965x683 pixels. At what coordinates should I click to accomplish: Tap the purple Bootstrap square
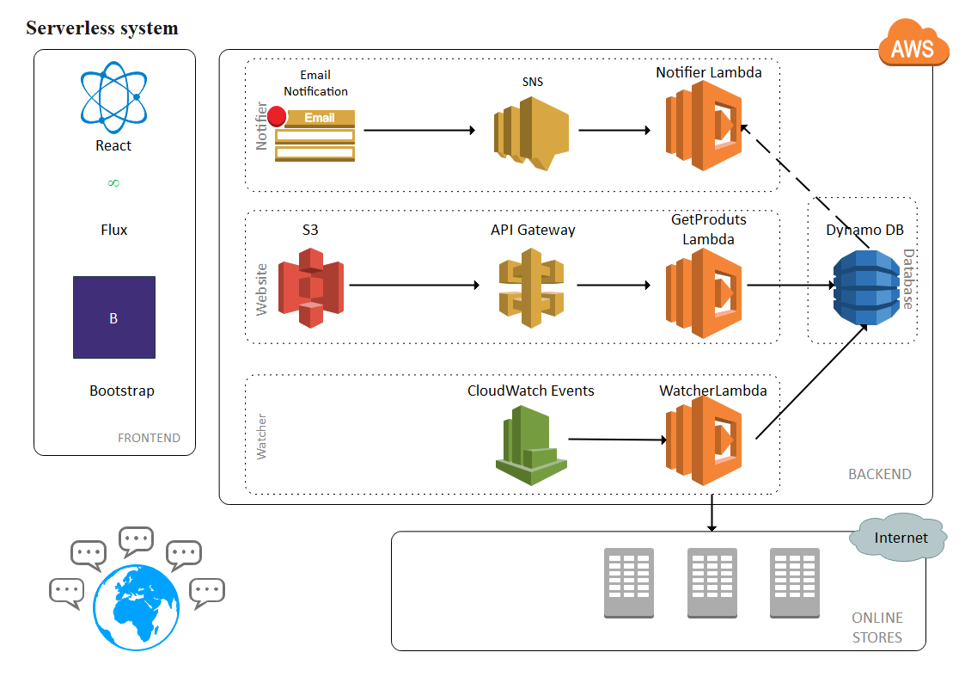click(114, 317)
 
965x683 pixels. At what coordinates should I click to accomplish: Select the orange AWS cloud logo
click(913, 44)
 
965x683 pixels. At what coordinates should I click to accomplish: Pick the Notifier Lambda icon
click(702, 131)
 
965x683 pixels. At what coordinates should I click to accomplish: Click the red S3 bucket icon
click(321, 287)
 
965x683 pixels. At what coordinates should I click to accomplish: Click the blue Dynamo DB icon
click(866, 287)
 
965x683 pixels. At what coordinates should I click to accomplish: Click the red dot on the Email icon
click(277, 116)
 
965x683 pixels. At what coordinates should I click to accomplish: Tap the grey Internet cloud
click(900, 538)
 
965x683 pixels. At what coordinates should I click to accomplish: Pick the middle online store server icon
click(712, 583)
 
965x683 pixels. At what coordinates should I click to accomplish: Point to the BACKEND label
click(879, 474)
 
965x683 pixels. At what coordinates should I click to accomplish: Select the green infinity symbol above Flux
click(113, 183)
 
